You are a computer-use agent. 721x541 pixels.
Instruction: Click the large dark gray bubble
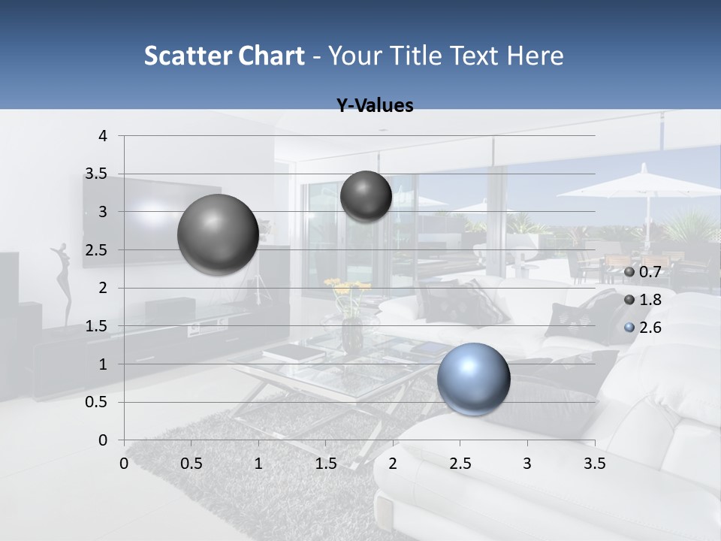pyautogui.click(x=219, y=234)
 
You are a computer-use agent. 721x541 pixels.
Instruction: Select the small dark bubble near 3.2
pyautogui.click(x=366, y=196)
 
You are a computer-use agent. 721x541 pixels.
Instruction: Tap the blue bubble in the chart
pyautogui.click(x=474, y=379)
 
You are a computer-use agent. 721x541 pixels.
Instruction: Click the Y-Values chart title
pyautogui.click(x=375, y=106)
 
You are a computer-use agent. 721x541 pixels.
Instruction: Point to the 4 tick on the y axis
pyautogui.click(x=104, y=136)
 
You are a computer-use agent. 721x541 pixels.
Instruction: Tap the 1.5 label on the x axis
pyautogui.click(x=325, y=464)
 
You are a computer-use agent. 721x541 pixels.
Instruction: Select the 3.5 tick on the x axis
pyautogui.click(x=595, y=464)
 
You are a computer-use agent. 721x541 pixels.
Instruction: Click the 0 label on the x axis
pyautogui.click(x=124, y=464)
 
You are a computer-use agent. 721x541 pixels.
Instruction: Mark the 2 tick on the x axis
pyautogui.click(x=393, y=464)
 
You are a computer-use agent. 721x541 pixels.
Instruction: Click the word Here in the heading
pyautogui.click(x=535, y=56)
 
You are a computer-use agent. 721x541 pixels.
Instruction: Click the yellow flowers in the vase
pyautogui.click(x=347, y=288)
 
